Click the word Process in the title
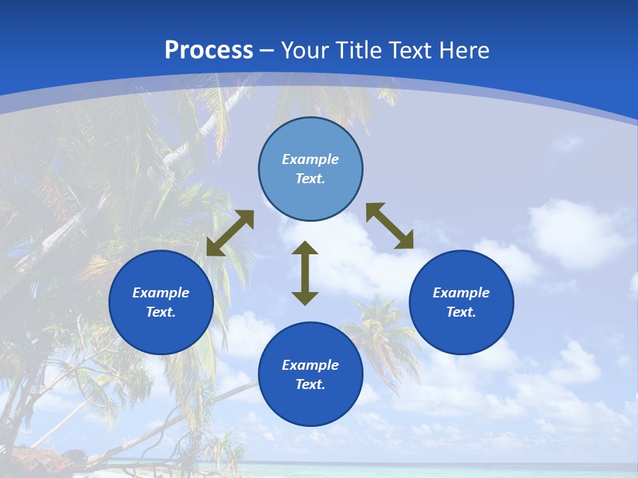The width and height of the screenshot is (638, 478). (x=209, y=50)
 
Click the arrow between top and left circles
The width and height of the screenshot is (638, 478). (x=230, y=233)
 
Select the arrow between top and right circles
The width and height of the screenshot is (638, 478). (x=389, y=226)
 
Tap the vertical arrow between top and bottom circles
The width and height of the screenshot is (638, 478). (x=305, y=273)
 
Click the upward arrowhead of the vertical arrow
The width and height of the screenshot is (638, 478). (x=305, y=248)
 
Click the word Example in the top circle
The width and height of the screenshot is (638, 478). (x=310, y=159)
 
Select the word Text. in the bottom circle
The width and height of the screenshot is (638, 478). (x=310, y=384)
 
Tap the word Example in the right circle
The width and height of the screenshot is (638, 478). (x=461, y=293)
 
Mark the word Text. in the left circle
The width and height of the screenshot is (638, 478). (x=161, y=312)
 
